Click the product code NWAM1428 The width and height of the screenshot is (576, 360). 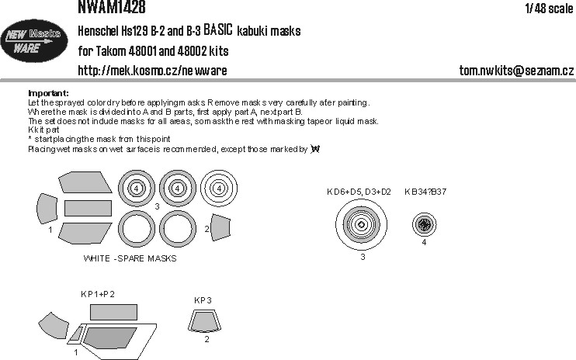tap(111, 7)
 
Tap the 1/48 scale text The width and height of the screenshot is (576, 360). tap(550, 8)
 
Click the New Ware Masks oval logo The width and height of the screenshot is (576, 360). tap(34, 40)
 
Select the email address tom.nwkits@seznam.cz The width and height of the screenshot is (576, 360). tap(516, 70)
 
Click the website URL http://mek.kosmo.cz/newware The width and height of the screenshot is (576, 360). tap(152, 70)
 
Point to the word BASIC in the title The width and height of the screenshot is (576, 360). tap(218, 29)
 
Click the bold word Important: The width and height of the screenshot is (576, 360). tap(48, 93)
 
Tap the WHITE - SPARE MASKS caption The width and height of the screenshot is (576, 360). tap(130, 258)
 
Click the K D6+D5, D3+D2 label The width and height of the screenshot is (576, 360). tap(359, 192)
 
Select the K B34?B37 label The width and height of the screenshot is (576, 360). tap(425, 192)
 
